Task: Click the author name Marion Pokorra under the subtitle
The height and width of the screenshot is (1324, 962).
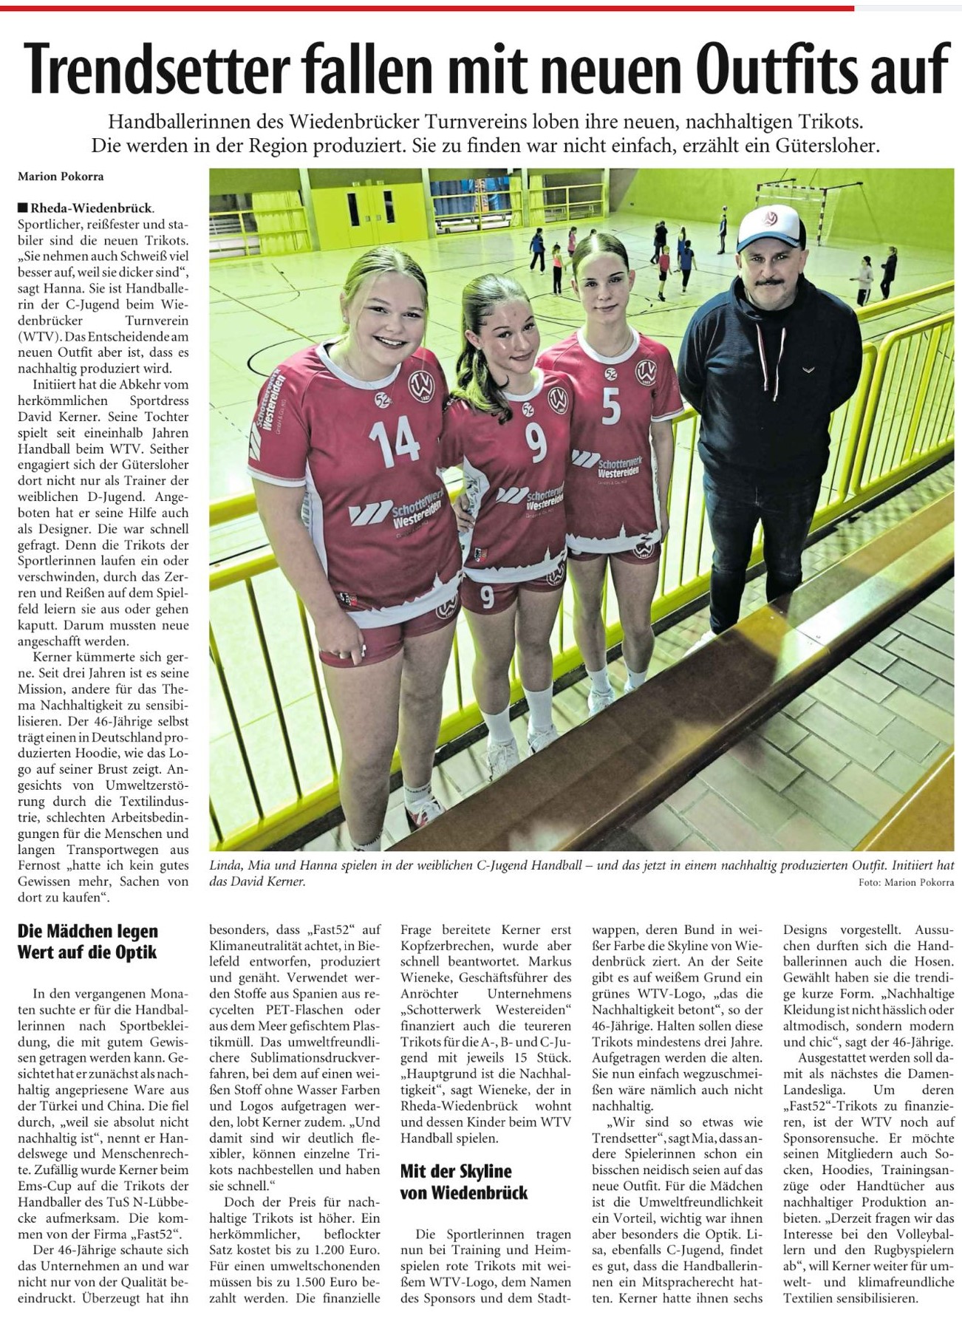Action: click(x=61, y=177)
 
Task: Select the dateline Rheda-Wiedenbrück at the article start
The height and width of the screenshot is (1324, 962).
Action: click(x=92, y=208)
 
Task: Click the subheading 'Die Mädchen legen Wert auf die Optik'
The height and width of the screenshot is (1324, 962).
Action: click(x=88, y=941)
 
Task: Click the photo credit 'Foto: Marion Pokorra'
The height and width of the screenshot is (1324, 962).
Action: click(x=906, y=882)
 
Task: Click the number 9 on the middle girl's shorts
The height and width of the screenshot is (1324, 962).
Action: click(x=487, y=596)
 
